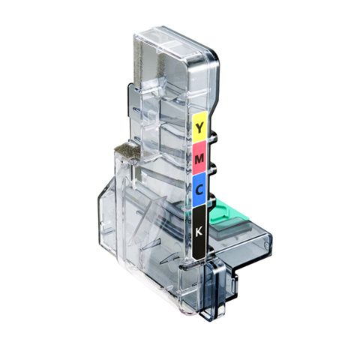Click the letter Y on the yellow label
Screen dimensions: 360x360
(199, 127)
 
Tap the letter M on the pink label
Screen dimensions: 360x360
(199, 159)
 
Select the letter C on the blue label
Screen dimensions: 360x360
(199, 190)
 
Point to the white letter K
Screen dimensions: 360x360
(199, 232)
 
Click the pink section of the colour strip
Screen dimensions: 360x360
(199, 157)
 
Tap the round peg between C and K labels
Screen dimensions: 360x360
(211, 201)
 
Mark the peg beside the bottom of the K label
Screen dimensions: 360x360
(211, 252)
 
